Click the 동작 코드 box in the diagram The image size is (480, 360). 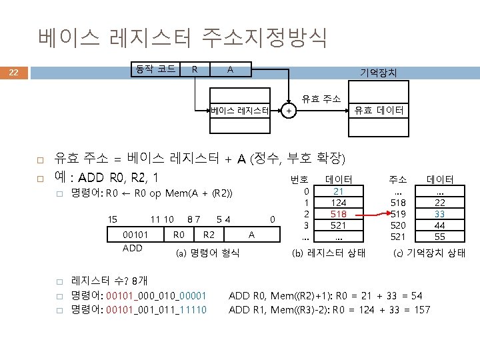[x=155, y=69]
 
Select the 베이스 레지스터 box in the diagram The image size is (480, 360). [x=240, y=111]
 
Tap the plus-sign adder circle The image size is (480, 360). [x=288, y=111]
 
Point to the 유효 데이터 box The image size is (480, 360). [x=379, y=111]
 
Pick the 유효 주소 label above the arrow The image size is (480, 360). [x=321, y=99]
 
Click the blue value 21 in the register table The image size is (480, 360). [x=338, y=191]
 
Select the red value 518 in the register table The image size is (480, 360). [x=338, y=214]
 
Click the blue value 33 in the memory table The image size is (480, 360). [x=439, y=214]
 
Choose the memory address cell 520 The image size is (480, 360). [x=398, y=225]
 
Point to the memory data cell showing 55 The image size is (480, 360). [x=439, y=237]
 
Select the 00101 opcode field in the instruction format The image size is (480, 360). [x=135, y=235]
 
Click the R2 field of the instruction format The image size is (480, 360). [x=209, y=235]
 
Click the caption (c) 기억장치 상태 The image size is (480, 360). [x=429, y=253]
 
